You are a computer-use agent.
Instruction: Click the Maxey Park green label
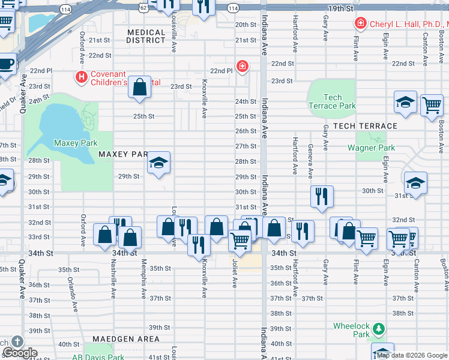click(x=76, y=143)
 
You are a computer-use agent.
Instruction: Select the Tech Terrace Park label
click(x=332, y=101)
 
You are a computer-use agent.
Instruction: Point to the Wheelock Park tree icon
click(x=378, y=329)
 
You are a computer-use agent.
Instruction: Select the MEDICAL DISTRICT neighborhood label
click(x=146, y=37)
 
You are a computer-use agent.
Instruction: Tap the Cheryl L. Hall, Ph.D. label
click(x=406, y=23)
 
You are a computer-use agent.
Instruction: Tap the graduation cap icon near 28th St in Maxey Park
click(x=159, y=163)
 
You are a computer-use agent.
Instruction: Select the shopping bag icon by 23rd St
click(x=139, y=88)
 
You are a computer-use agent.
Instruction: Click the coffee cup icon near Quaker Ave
click(x=6, y=63)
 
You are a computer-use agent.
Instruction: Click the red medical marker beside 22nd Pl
click(x=242, y=65)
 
